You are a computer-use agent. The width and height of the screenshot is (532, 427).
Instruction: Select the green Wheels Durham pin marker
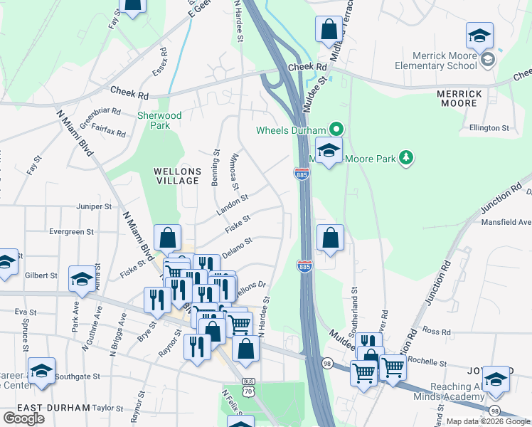click(x=337, y=130)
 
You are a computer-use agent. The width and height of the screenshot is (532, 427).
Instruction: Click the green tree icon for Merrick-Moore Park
click(x=406, y=157)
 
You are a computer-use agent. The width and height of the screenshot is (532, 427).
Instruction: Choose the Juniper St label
click(x=95, y=206)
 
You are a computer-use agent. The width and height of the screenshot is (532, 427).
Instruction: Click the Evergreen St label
click(x=72, y=232)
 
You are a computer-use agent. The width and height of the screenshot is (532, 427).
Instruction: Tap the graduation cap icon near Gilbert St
click(x=82, y=279)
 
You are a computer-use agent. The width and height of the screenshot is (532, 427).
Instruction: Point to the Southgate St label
click(x=78, y=376)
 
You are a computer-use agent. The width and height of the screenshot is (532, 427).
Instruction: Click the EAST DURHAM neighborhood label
click(x=54, y=408)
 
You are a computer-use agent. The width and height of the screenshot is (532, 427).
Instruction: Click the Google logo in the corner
click(x=23, y=418)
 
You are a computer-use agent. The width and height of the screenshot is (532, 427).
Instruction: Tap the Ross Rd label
click(x=432, y=331)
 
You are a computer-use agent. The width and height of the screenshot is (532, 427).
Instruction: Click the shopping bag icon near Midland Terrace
click(x=329, y=30)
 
